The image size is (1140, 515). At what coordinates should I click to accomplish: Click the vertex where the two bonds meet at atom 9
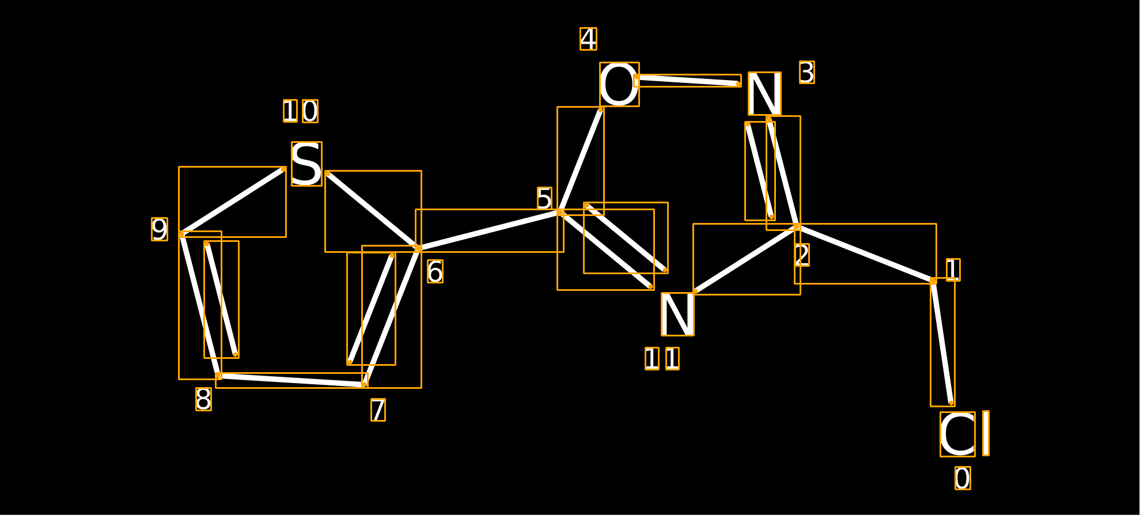coord(181,234)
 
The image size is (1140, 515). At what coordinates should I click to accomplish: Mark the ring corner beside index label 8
coord(218,376)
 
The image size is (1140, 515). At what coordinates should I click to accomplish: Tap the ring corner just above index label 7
coord(365,384)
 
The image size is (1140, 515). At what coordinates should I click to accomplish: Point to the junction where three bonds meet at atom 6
coord(418,248)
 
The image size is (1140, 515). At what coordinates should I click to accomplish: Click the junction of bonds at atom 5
coord(560,212)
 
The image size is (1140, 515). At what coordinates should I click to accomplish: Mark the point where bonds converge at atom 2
coord(797,227)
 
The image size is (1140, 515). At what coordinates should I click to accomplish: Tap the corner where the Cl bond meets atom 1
coord(933,281)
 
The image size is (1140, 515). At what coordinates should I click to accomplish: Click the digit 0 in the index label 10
coord(310,111)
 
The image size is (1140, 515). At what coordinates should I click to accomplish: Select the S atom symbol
coord(306,164)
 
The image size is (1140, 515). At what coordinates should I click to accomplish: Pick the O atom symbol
coord(619,85)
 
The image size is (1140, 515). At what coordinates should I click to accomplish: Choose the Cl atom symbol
coord(965,434)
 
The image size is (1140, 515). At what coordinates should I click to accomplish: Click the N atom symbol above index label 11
coord(677,314)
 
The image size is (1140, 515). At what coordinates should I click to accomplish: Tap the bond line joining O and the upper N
coord(687,81)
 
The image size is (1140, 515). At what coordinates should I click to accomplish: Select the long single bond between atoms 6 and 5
coord(489,230)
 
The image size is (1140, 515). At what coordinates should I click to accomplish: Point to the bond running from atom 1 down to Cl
coord(942,342)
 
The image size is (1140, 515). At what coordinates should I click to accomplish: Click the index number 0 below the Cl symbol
coord(963,478)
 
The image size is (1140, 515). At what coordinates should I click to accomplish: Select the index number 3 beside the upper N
coord(807,73)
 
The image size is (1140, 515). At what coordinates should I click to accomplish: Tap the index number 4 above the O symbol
coord(588,39)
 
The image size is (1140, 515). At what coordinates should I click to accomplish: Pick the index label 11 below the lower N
coord(662,358)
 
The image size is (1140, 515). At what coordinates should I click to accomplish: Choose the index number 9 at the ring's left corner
coord(160,229)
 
